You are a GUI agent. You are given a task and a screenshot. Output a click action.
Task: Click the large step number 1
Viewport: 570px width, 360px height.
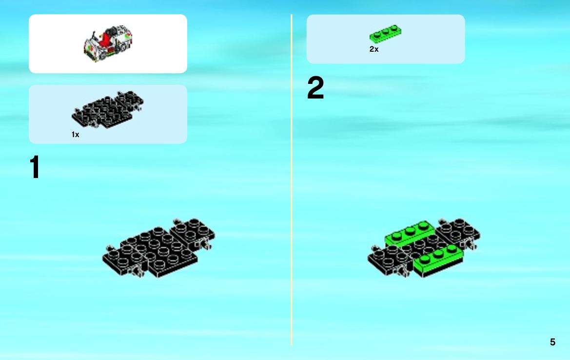click(35, 167)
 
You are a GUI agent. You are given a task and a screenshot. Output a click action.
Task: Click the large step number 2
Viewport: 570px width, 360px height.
click(315, 87)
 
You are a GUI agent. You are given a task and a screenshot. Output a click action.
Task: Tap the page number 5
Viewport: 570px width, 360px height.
click(552, 342)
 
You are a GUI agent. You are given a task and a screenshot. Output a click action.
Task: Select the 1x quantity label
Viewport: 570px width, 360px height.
click(75, 135)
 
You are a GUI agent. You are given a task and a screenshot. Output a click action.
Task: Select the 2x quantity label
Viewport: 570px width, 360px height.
click(373, 49)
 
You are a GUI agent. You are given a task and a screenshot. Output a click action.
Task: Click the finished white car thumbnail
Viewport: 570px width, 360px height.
click(108, 43)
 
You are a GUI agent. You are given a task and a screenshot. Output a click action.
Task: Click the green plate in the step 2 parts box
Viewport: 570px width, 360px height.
click(385, 34)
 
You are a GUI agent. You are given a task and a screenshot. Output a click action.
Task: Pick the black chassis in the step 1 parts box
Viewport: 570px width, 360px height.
click(108, 109)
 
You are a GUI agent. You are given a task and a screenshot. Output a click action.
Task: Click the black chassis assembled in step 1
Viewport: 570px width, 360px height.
click(158, 248)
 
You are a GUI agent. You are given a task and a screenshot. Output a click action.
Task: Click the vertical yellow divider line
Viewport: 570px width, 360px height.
click(292, 180)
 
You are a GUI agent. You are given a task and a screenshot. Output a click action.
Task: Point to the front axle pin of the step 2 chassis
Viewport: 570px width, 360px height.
click(403, 271)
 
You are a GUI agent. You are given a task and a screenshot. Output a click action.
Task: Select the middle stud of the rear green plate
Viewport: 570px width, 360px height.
click(410, 230)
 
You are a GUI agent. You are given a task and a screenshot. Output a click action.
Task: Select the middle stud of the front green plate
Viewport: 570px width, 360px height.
click(438, 254)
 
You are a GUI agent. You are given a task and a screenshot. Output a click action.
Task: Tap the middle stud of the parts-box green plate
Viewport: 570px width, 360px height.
click(385, 31)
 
